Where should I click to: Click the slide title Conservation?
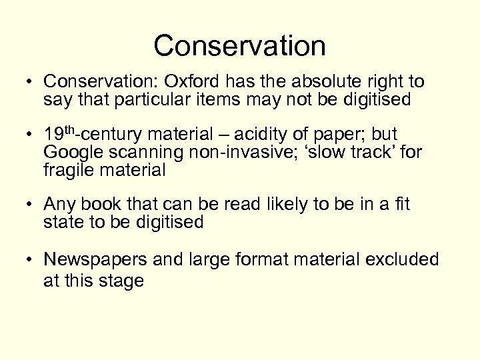[239, 46]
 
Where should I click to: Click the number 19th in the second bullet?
[57, 134]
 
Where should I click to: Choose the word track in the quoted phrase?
[375, 152]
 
